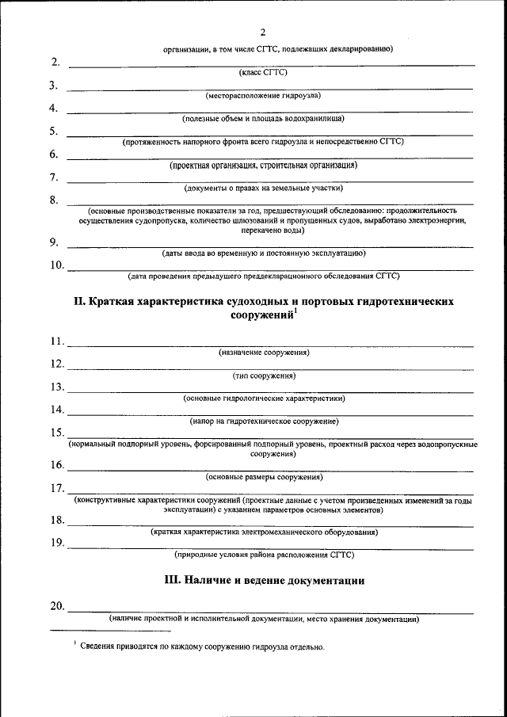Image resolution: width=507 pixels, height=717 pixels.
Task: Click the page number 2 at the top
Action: [262, 32]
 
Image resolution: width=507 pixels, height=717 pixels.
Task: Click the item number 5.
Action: [53, 131]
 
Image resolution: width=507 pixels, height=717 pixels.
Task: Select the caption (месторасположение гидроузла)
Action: [263, 95]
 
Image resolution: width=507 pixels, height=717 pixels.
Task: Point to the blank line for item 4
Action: [269, 113]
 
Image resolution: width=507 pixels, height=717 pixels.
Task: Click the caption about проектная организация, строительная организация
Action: [263, 166]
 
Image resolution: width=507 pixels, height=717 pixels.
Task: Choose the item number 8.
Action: [53, 200]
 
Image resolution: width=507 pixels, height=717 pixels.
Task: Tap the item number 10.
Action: [56, 265]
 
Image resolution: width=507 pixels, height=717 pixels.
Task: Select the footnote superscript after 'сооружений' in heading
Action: [295, 311]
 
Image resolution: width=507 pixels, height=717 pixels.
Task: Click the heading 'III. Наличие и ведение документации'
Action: [264, 581]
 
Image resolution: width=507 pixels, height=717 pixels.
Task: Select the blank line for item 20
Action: [269, 612]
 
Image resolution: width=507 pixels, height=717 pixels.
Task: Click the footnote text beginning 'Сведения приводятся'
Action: [202, 647]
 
